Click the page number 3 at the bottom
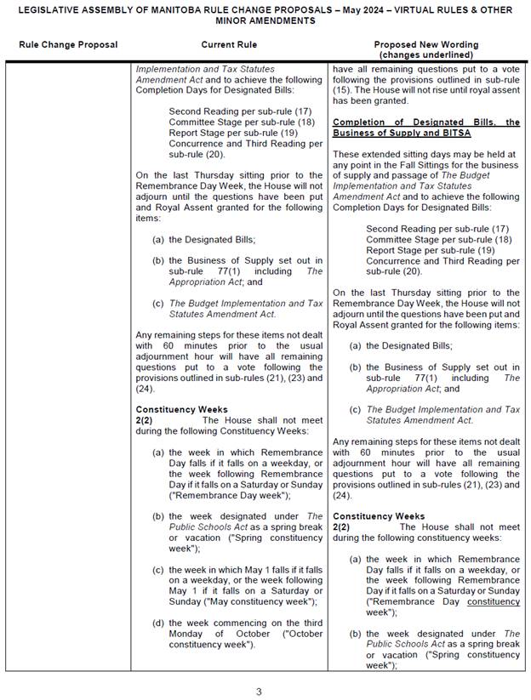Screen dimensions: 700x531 pos(260,691)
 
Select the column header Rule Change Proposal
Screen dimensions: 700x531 pos(68,45)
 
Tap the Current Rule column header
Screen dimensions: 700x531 pos(229,45)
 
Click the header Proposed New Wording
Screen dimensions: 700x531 pos(425,45)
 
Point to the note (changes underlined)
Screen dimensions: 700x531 pos(425,54)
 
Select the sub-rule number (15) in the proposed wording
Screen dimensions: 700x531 pos(341,89)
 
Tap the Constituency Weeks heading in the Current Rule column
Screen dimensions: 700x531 pos(181,409)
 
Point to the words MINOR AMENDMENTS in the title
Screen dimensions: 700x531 pos(265,21)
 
